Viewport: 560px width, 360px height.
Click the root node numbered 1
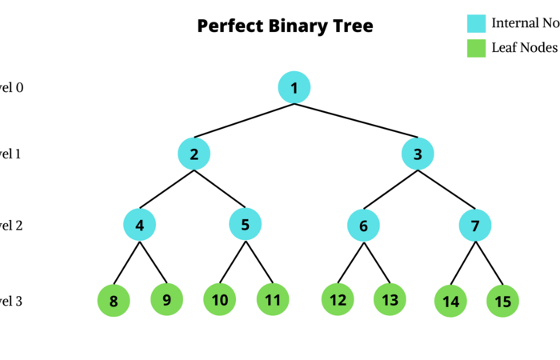pyautogui.click(x=294, y=87)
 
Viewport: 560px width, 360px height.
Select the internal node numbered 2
pyautogui.click(x=194, y=153)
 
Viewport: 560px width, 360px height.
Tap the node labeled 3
pyautogui.click(x=418, y=153)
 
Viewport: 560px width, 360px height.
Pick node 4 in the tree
pyautogui.click(x=140, y=226)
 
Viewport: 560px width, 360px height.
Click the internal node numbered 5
pyautogui.click(x=246, y=225)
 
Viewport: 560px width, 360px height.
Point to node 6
pyautogui.click(x=363, y=226)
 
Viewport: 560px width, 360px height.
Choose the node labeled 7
pyautogui.click(x=475, y=226)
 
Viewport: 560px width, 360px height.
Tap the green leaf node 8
pyautogui.click(x=114, y=302)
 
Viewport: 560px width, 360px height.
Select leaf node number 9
pyautogui.click(x=166, y=300)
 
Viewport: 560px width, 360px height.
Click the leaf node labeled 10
pyautogui.click(x=220, y=300)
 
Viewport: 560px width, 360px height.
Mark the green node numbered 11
pyautogui.click(x=273, y=300)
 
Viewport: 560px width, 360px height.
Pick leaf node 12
pyautogui.click(x=338, y=300)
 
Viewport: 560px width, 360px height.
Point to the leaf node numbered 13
pyautogui.click(x=390, y=300)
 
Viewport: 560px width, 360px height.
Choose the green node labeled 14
pyautogui.click(x=450, y=302)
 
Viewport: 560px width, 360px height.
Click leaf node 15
pyautogui.click(x=502, y=302)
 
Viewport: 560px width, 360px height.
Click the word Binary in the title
pyautogui.click(x=286, y=26)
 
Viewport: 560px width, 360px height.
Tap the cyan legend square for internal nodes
pyautogui.click(x=477, y=23)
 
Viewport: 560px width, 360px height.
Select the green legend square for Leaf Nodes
pyautogui.click(x=477, y=48)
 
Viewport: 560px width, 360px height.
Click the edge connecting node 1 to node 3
pyautogui.click(x=357, y=121)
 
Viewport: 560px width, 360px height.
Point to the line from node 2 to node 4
pyautogui.click(x=167, y=189)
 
